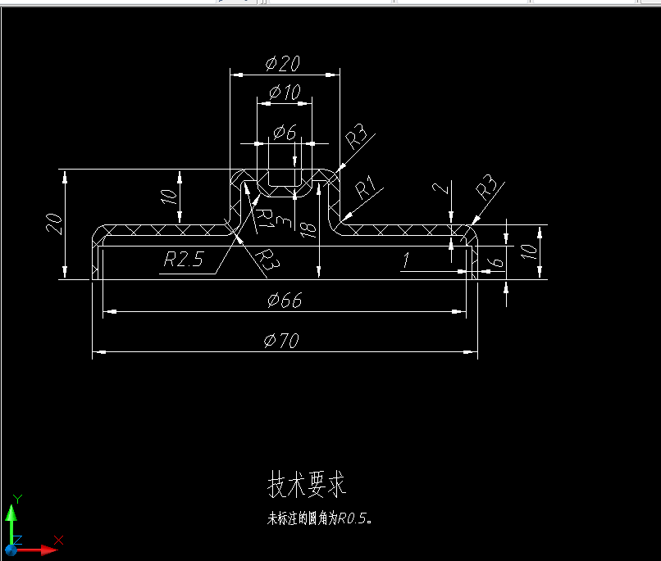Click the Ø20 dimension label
click(x=284, y=64)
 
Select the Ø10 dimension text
click(x=284, y=92)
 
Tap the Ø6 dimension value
click(x=284, y=131)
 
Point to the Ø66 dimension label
click(x=285, y=301)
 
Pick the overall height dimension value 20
click(x=54, y=224)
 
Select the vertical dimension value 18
click(x=308, y=230)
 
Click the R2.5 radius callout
click(x=182, y=260)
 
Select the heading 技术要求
click(x=307, y=485)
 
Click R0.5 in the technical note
click(x=355, y=518)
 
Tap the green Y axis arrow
click(x=11, y=513)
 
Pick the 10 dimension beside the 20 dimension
click(x=167, y=197)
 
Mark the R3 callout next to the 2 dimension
click(x=488, y=188)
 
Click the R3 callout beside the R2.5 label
click(x=267, y=260)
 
